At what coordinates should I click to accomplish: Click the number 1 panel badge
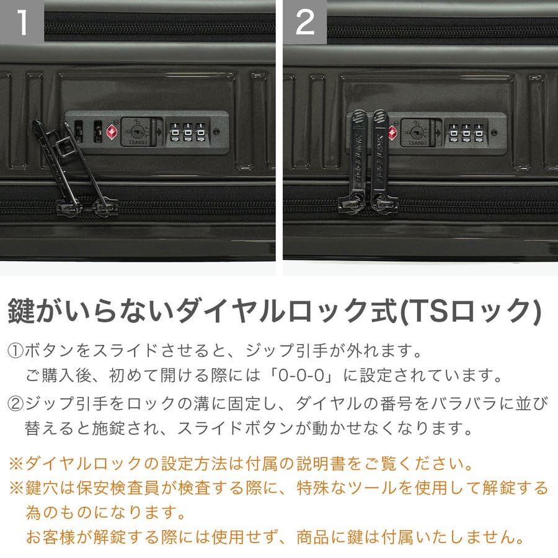pyautogui.click(x=22, y=22)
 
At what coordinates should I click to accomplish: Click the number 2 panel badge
pyautogui.click(x=304, y=22)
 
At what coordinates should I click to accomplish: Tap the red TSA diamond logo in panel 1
pyautogui.click(x=112, y=132)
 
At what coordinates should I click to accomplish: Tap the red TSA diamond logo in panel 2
pyautogui.click(x=392, y=133)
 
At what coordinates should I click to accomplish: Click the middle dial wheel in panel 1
pyautogui.click(x=187, y=132)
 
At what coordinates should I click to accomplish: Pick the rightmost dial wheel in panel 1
pyautogui.click(x=201, y=132)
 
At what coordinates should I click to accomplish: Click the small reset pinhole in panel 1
pyautogui.click(x=216, y=132)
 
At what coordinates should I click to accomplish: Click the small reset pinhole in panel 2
pyautogui.click(x=494, y=133)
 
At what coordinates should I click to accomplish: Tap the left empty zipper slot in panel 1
pyautogui.click(x=79, y=131)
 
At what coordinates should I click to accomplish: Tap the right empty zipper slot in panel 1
pyautogui.click(x=97, y=131)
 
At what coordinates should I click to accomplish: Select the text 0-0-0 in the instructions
pyautogui.click(x=301, y=376)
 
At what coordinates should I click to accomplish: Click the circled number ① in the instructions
pyautogui.click(x=15, y=351)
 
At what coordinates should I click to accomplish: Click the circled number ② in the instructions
pyautogui.click(x=15, y=404)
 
